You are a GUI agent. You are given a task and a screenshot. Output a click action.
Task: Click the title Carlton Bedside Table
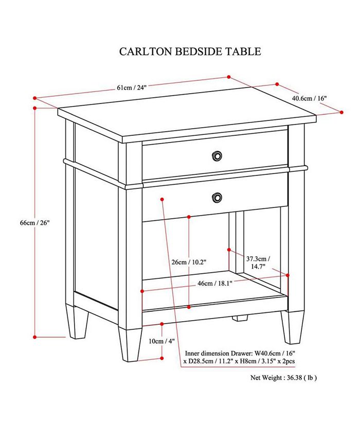(190, 51)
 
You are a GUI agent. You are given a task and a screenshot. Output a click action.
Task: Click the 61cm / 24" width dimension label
(132, 87)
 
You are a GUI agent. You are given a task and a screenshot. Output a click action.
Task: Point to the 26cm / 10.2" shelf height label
(189, 262)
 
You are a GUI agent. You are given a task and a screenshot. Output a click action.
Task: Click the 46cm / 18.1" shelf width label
(215, 283)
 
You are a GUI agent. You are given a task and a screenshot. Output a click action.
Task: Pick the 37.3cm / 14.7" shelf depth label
(258, 262)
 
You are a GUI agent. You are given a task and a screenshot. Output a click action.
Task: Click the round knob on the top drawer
(218, 154)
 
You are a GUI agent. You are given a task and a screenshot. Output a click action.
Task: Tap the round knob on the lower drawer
(218, 197)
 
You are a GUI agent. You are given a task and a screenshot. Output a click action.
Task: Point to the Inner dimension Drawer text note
(240, 358)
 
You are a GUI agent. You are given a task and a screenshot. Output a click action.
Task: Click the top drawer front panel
(180, 154)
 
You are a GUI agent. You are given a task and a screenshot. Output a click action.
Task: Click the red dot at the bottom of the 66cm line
(34, 337)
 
